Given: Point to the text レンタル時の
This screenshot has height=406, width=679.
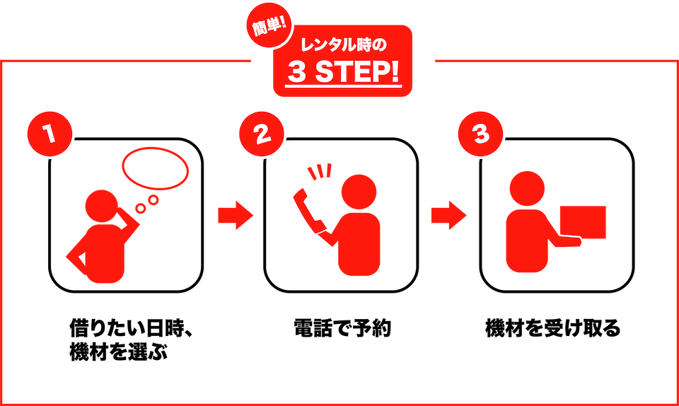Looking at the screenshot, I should pyautogui.click(x=342, y=47).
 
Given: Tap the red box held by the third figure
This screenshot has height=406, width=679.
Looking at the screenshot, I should pyautogui.click(x=584, y=223).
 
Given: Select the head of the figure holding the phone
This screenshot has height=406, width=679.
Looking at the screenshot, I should pyautogui.click(x=359, y=192).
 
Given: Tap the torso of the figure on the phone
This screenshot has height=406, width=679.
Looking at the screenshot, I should pyautogui.click(x=359, y=244).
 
